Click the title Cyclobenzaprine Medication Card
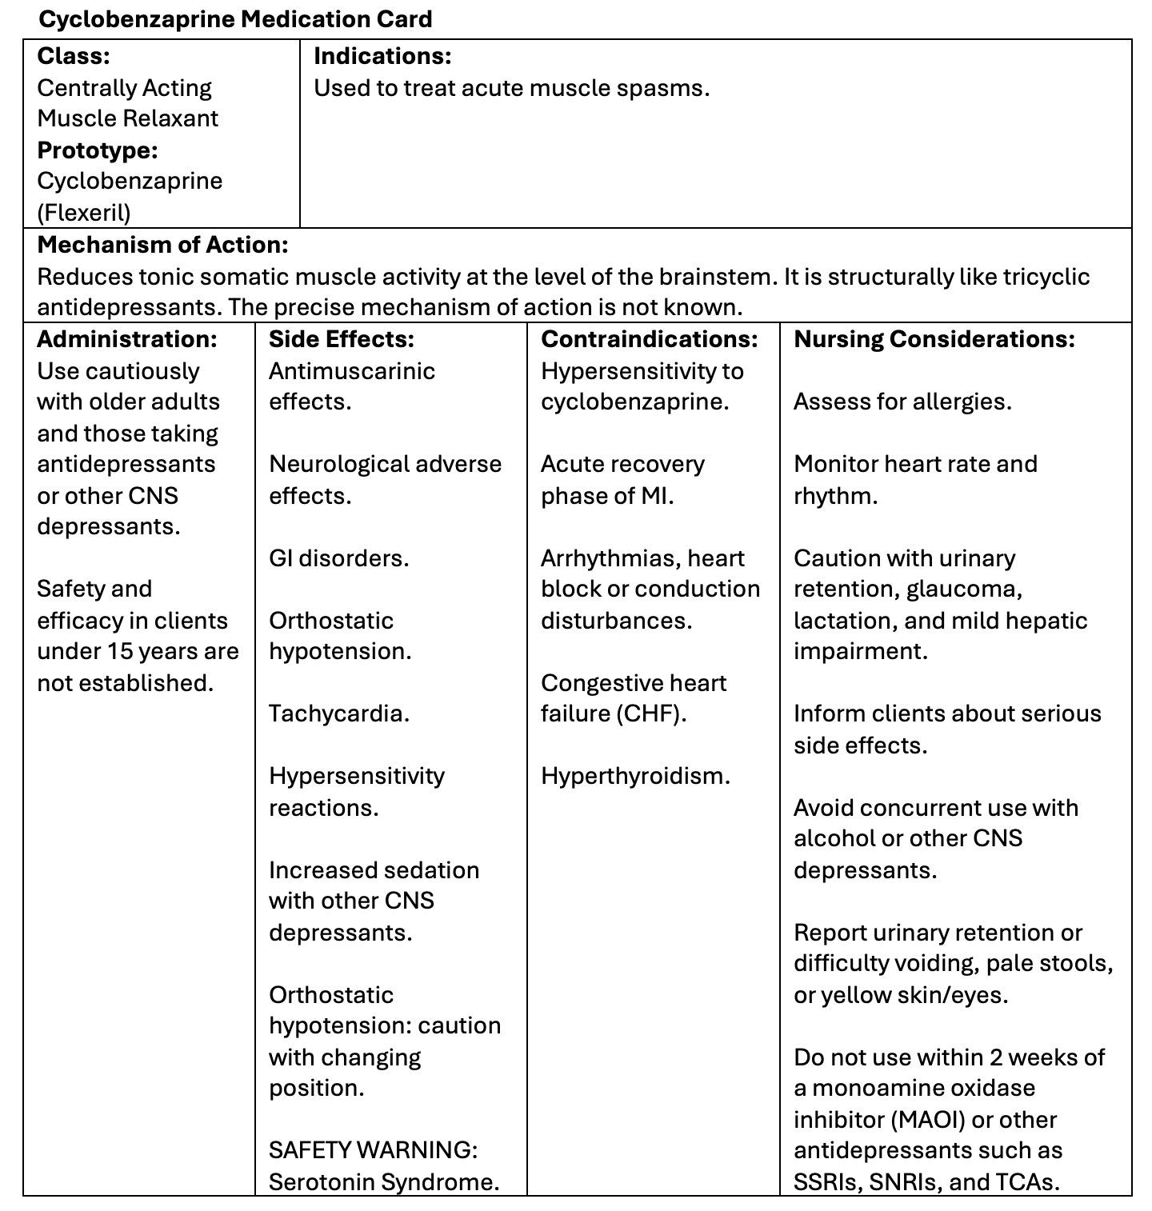235,19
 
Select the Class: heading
74,56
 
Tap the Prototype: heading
98,150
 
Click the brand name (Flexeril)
84,212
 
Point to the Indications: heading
382,56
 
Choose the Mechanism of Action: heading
163,244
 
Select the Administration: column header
127,339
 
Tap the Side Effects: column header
342,339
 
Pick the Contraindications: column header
650,339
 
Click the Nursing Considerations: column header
934,339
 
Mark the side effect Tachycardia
339,713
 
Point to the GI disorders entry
339,558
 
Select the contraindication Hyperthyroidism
635,775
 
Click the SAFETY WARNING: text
374,1149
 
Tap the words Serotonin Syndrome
384,1181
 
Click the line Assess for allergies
902,401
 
